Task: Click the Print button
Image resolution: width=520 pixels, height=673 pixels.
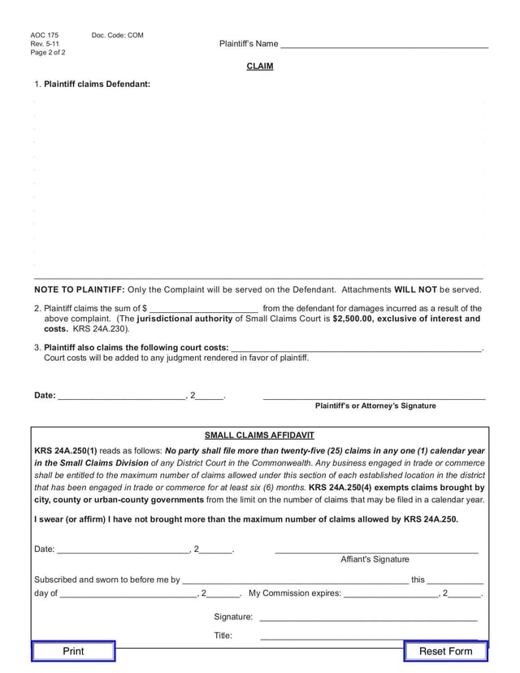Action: coord(73,651)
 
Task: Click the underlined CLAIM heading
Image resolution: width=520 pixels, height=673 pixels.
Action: coord(260,66)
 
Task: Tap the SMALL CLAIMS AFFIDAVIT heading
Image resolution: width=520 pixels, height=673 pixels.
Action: coord(259,436)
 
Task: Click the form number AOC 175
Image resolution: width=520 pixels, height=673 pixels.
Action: coord(45,36)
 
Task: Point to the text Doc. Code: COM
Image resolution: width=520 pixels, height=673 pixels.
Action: coord(117,36)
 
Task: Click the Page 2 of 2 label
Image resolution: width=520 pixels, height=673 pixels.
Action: coord(48,53)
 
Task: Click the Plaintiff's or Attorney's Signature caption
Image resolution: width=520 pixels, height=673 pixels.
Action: coord(375,406)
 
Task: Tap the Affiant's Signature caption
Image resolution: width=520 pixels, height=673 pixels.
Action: coord(375,559)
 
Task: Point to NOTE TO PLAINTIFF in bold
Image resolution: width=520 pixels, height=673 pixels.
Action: coord(79,289)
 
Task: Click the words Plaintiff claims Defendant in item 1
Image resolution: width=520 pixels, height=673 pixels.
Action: coord(97,84)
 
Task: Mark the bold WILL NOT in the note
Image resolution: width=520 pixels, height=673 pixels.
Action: coord(415,289)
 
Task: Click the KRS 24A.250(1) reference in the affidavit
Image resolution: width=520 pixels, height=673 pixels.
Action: coord(66,450)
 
